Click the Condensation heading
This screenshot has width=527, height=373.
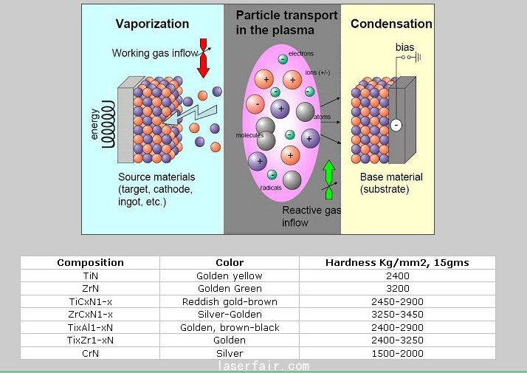[391, 24]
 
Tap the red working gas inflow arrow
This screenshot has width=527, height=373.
[204, 59]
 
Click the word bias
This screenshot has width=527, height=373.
[405, 48]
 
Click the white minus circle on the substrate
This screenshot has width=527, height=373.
[396, 125]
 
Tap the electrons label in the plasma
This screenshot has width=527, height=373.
[301, 54]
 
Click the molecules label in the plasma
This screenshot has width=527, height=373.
[249, 135]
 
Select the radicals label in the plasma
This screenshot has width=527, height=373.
[271, 188]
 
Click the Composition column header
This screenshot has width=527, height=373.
[90, 262]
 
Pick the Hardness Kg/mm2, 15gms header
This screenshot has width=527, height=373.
[397, 262]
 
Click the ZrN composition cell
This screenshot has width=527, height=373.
[90, 288]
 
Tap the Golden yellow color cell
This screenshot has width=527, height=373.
[230, 276]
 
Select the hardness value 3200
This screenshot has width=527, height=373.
[397, 288]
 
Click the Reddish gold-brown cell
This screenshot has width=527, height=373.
[230, 301]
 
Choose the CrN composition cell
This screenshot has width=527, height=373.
[90, 353]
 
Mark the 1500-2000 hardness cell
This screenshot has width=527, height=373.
[397, 353]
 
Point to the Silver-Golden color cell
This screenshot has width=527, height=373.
[230, 314]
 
